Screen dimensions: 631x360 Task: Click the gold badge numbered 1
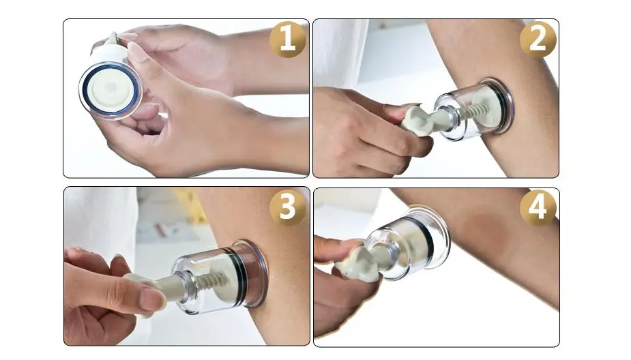[287, 40]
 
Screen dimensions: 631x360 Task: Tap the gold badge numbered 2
[538, 40]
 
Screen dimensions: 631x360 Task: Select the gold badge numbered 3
[287, 207]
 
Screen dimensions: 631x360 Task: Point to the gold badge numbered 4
[538, 207]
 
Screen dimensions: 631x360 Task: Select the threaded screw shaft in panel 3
[212, 280]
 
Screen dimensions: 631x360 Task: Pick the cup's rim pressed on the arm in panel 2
[505, 106]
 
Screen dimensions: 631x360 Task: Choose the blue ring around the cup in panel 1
[111, 91]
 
